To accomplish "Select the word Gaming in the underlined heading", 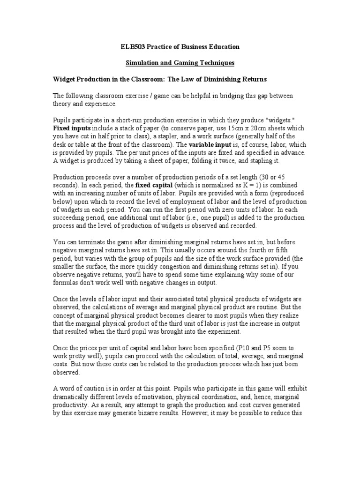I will (172, 62).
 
